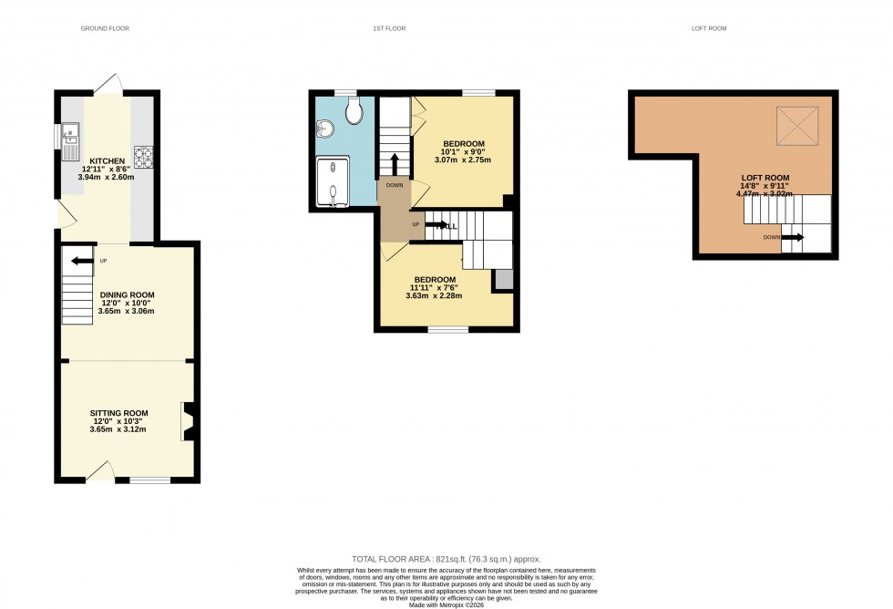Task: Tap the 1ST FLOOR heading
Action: tap(388, 29)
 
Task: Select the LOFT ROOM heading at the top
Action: tap(709, 29)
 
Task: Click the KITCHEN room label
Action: tap(108, 161)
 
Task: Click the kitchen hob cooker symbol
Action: tap(145, 157)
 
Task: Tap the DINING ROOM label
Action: tap(127, 294)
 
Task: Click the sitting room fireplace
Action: tap(188, 421)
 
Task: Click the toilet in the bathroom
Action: tap(354, 110)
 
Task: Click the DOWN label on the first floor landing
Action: tap(395, 185)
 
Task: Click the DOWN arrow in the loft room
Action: tap(792, 237)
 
